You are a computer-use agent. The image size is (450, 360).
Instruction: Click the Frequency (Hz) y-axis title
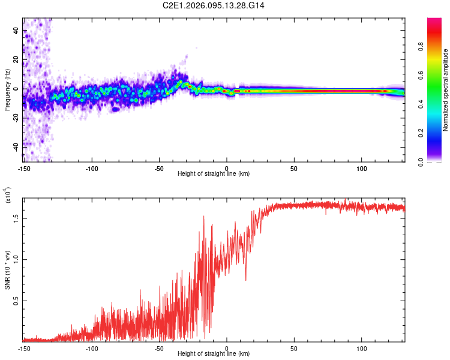(x=7, y=90)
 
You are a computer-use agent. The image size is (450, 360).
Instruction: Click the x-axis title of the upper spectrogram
(x=214, y=173)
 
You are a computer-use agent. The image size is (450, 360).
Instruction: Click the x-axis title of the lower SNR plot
(x=214, y=353)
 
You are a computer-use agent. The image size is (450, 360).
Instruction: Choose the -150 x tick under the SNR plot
(x=25, y=347)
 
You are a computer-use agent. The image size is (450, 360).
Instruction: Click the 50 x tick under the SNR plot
(x=294, y=347)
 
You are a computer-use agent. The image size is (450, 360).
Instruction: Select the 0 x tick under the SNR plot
(x=227, y=347)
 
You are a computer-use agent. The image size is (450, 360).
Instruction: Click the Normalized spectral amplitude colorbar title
(x=446, y=90)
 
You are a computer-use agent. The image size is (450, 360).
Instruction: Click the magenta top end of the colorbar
(x=434, y=21)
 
